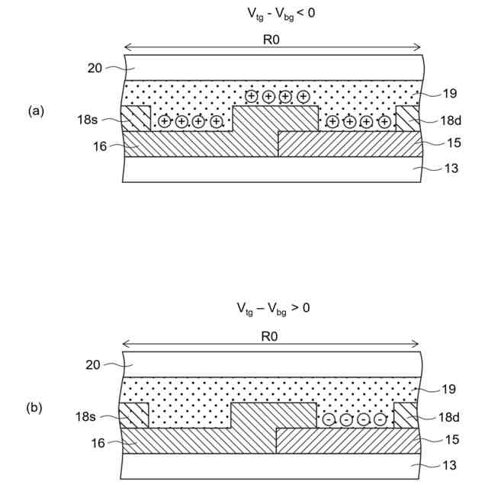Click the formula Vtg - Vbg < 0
point(273,14)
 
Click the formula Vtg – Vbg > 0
point(273,309)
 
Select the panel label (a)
point(36,111)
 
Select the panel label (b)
point(36,408)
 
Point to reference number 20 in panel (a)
point(95,67)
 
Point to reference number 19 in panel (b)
point(448,389)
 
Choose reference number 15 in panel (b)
point(449,441)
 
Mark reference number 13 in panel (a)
point(451,168)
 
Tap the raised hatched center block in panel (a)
point(274,119)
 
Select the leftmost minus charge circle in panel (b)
point(329,420)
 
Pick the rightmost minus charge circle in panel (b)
point(380,420)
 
